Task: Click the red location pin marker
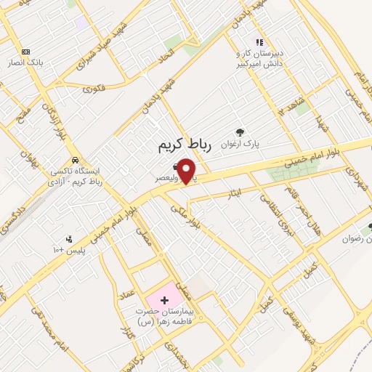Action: point(187,171)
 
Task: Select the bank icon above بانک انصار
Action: point(26,52)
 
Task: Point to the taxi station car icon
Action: point(75,160)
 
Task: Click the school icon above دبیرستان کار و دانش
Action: point(259,42)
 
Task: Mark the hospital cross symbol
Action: point(163,299)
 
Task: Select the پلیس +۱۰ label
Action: point(70,251)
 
